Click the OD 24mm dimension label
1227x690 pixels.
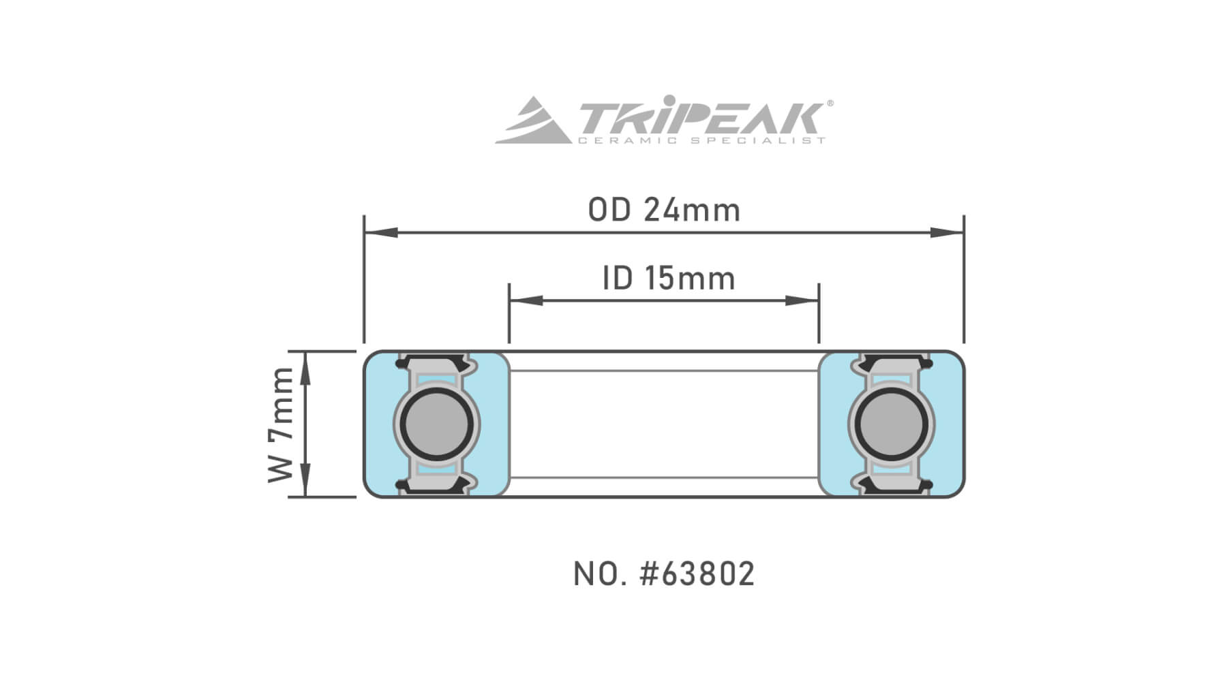[x=664, y=210]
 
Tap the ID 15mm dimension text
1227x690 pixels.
[x=669, y=279]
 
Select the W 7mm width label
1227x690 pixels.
[x=280, y=424]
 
